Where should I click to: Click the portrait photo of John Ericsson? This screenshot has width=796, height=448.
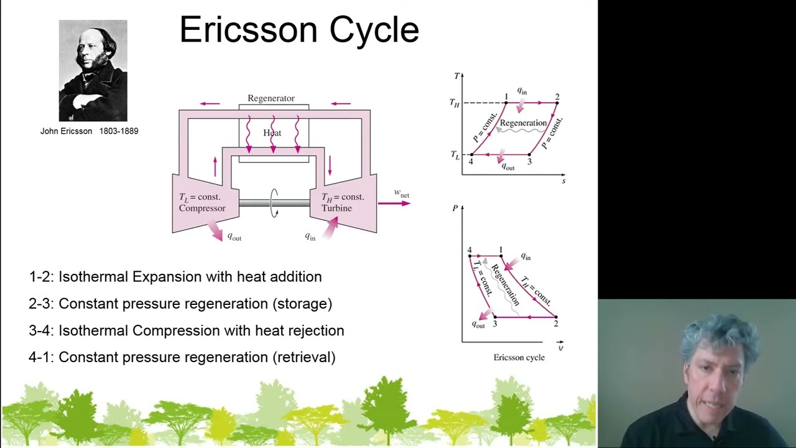click(93, 70)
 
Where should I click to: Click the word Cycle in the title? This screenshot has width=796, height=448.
click(374, 30)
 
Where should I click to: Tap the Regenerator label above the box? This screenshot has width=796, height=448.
click(271, 98)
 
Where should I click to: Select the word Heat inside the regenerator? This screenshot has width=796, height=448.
click(272, 133)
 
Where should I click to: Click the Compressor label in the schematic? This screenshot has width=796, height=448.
click(202, 208)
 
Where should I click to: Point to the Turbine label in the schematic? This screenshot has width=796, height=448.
click(336, 208)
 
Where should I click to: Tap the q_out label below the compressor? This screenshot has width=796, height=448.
click(234, 237)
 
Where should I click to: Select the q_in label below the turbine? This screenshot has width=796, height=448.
click(310, 236)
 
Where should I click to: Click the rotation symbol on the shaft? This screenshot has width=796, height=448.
click(274, 203)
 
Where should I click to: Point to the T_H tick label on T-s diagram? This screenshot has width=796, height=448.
click(455, 103)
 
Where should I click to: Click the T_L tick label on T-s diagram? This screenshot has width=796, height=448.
click(455, 155)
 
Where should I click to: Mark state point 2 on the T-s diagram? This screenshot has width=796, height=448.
click(557, 102)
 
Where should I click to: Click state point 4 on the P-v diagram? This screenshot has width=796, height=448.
click(470, 255)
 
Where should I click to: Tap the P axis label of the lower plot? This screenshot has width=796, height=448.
click(455, 208)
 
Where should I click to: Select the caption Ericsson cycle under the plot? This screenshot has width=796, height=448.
click(519, 357)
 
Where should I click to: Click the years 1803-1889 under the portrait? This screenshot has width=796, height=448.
click(119, 131)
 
